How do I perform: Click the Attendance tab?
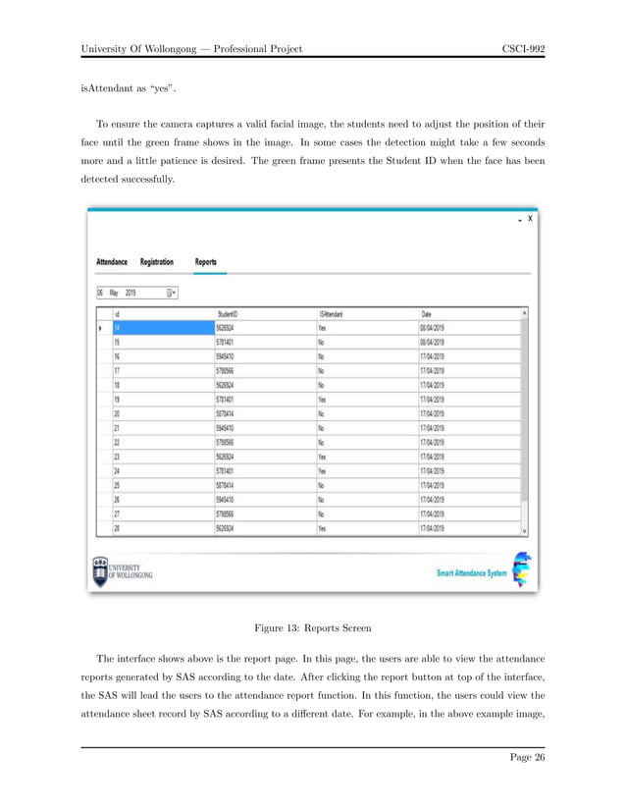pyautogui.click(x=112, y=262)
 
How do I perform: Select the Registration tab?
pyautogui.click(x=157, y=262)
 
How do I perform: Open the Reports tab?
pyautogui.click(x=206, y=262)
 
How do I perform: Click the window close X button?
pyautogui.click(x=531, y=219)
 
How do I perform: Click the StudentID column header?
pyautogui.click(x=229, y=314)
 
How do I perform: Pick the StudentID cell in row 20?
pyautogui.click(x=228, y=414)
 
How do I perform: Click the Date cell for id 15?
pyautogui.click(x=433, y=343)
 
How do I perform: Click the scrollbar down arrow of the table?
pyautogui.click(x=524, y=528)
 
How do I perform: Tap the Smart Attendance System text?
pyautogui.click(x=472, y=574)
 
